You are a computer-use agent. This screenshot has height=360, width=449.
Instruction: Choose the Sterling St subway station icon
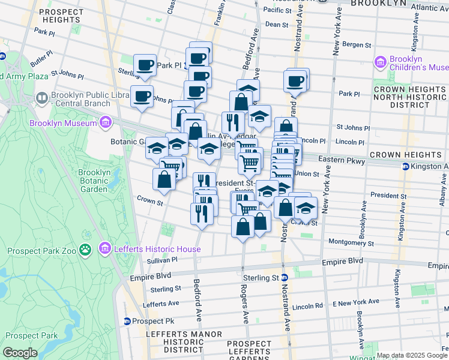point(285,278)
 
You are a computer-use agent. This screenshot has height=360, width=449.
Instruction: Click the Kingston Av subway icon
point(406,166)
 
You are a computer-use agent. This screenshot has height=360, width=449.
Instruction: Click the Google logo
point(20,353)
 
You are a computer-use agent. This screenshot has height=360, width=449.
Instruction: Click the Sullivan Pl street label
point(162,260)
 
